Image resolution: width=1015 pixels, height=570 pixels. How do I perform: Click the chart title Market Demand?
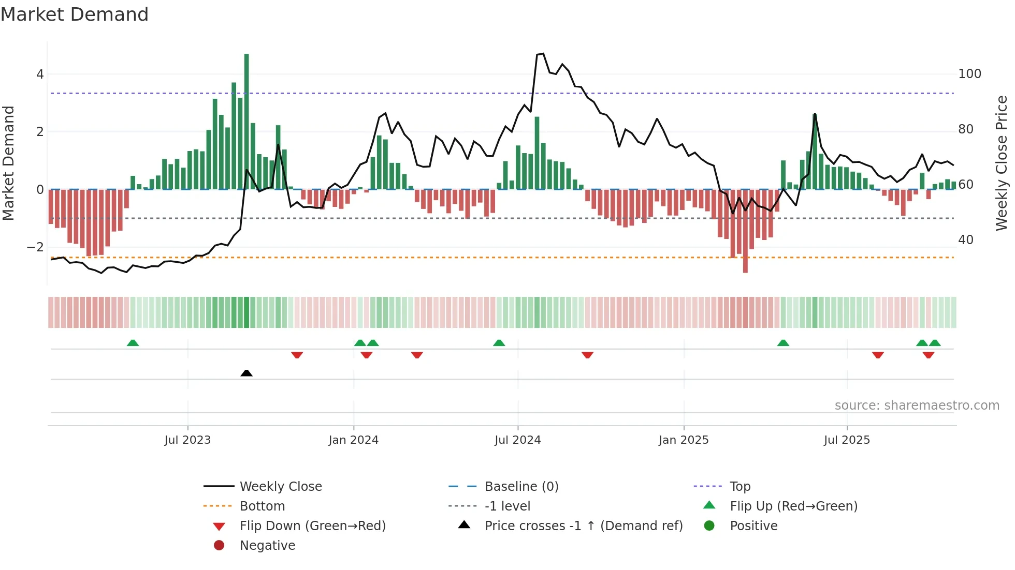(x=75, y=14)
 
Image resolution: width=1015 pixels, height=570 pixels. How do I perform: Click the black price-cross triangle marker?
(x=247, y=373)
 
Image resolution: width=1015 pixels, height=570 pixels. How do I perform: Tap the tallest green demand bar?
(x=247, y=122)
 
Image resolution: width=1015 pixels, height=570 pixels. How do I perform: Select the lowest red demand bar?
(x=745, y=231)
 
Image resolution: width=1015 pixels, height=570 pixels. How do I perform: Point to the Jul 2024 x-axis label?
(x=517, y=440)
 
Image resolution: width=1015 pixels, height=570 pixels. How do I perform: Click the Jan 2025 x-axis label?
(x=684, y=440)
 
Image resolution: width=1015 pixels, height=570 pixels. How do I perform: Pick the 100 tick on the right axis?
(x=969, y=74)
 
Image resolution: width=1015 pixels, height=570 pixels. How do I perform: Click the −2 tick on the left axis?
(x=35, y=247)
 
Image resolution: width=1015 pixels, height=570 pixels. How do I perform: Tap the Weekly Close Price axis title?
(x=1002, y=163)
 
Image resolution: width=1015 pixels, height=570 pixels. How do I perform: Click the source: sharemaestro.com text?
(x=917, y=406)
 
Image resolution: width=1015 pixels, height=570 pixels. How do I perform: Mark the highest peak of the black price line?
(x=542, y=54)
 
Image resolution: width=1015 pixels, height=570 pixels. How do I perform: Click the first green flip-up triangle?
(x=133, y=343)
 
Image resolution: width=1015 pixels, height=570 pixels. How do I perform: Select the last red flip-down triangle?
(x=928, y=355)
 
